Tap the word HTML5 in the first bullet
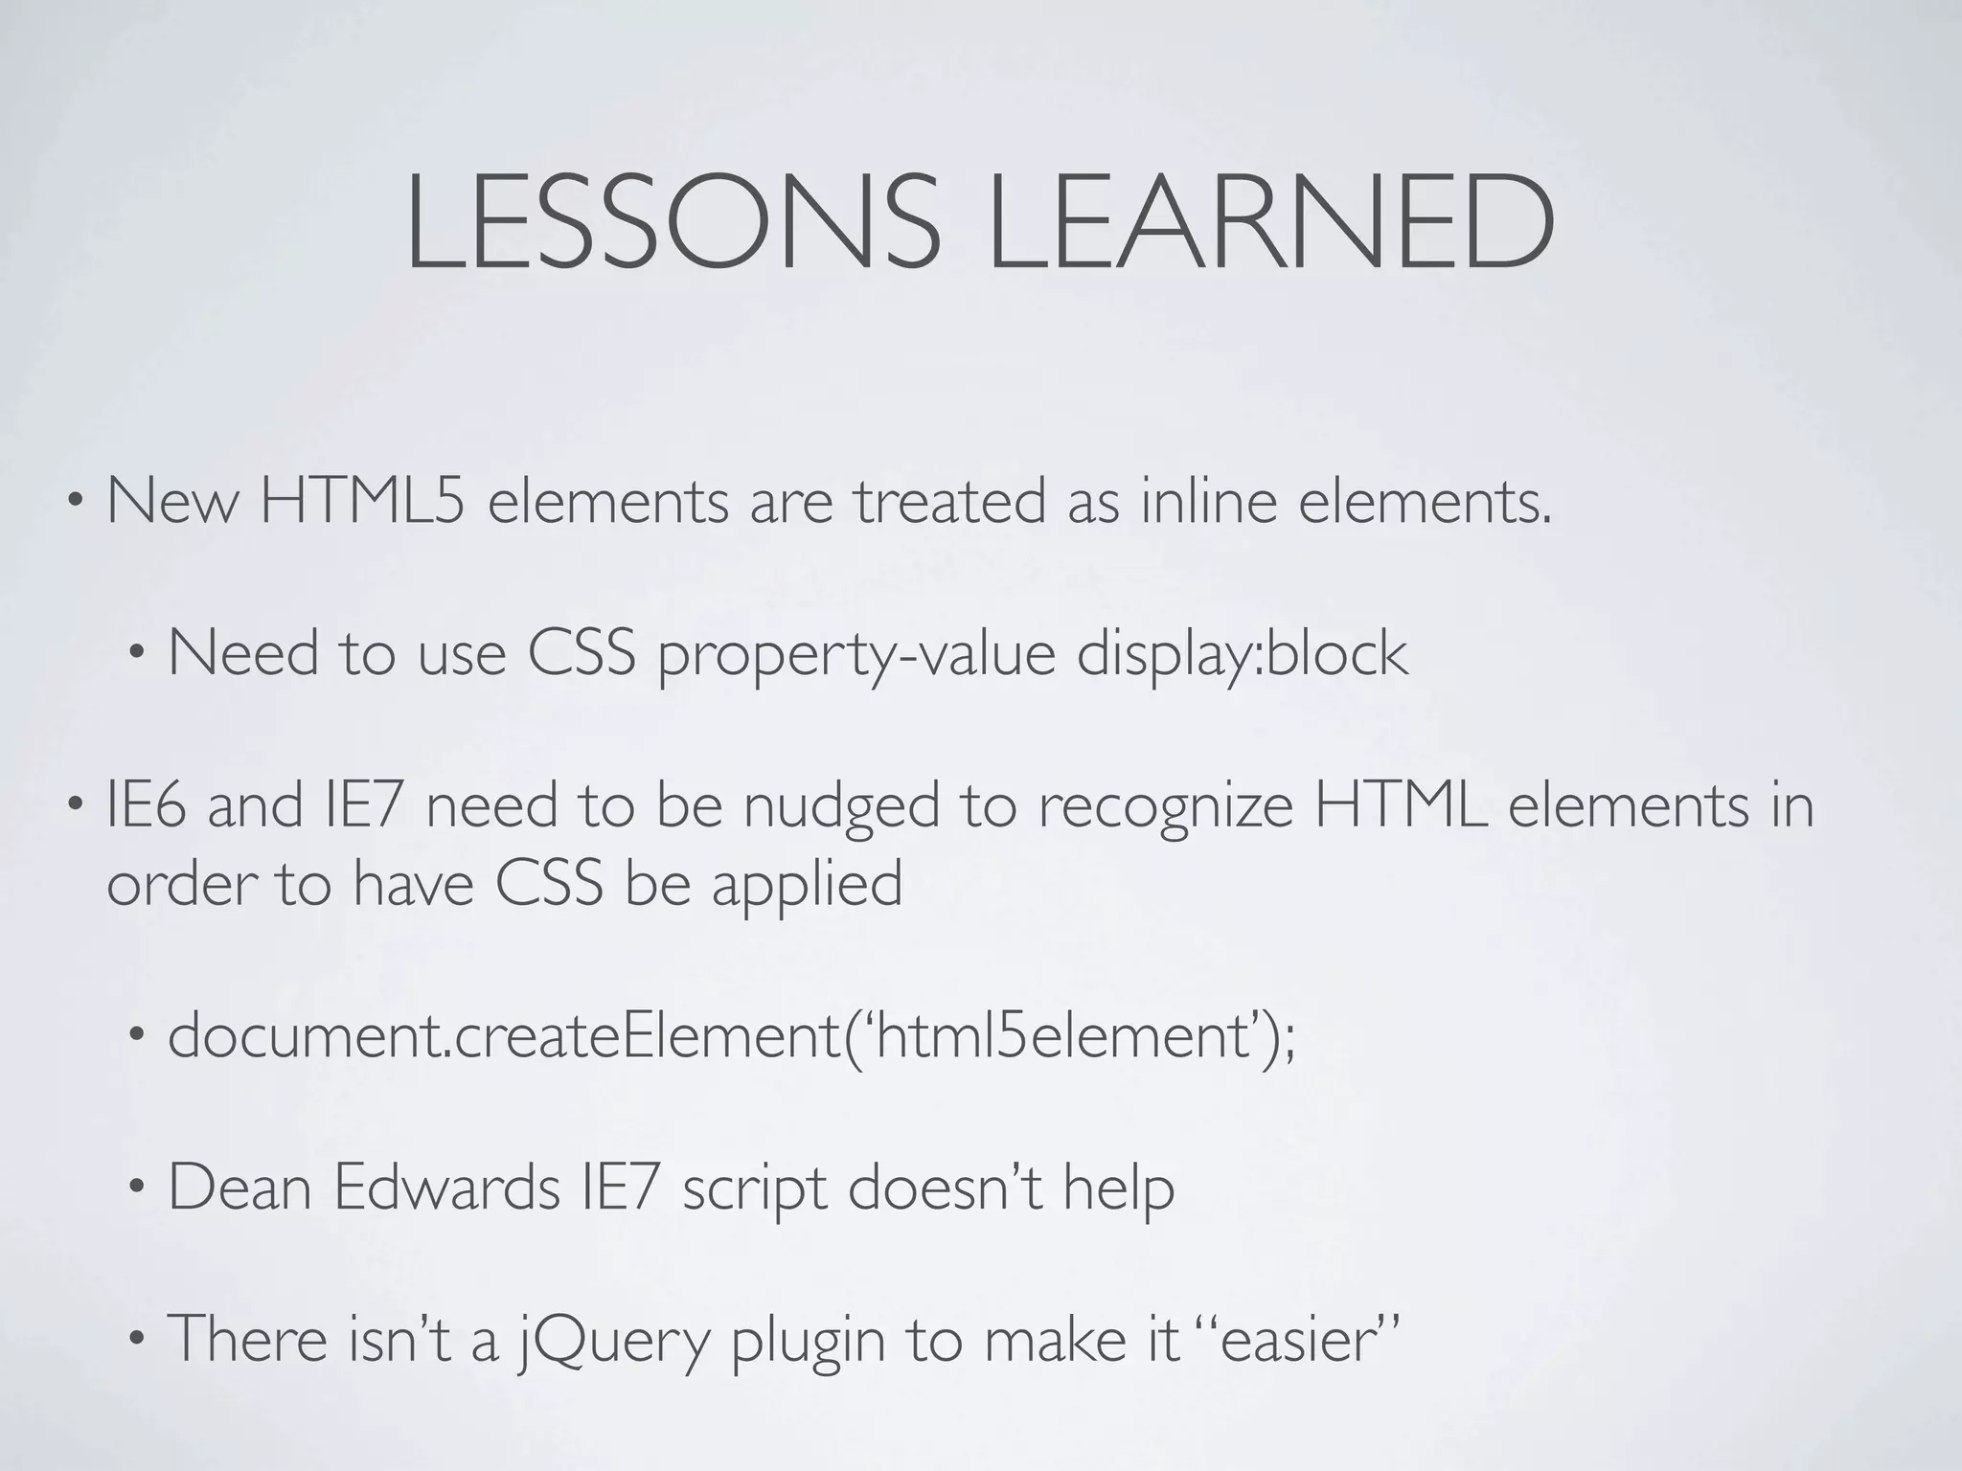(x=363, y=501)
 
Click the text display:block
(x=1243, y=654)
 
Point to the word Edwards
(x=447, y=1188)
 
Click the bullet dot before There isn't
(x=137, y=1341)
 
